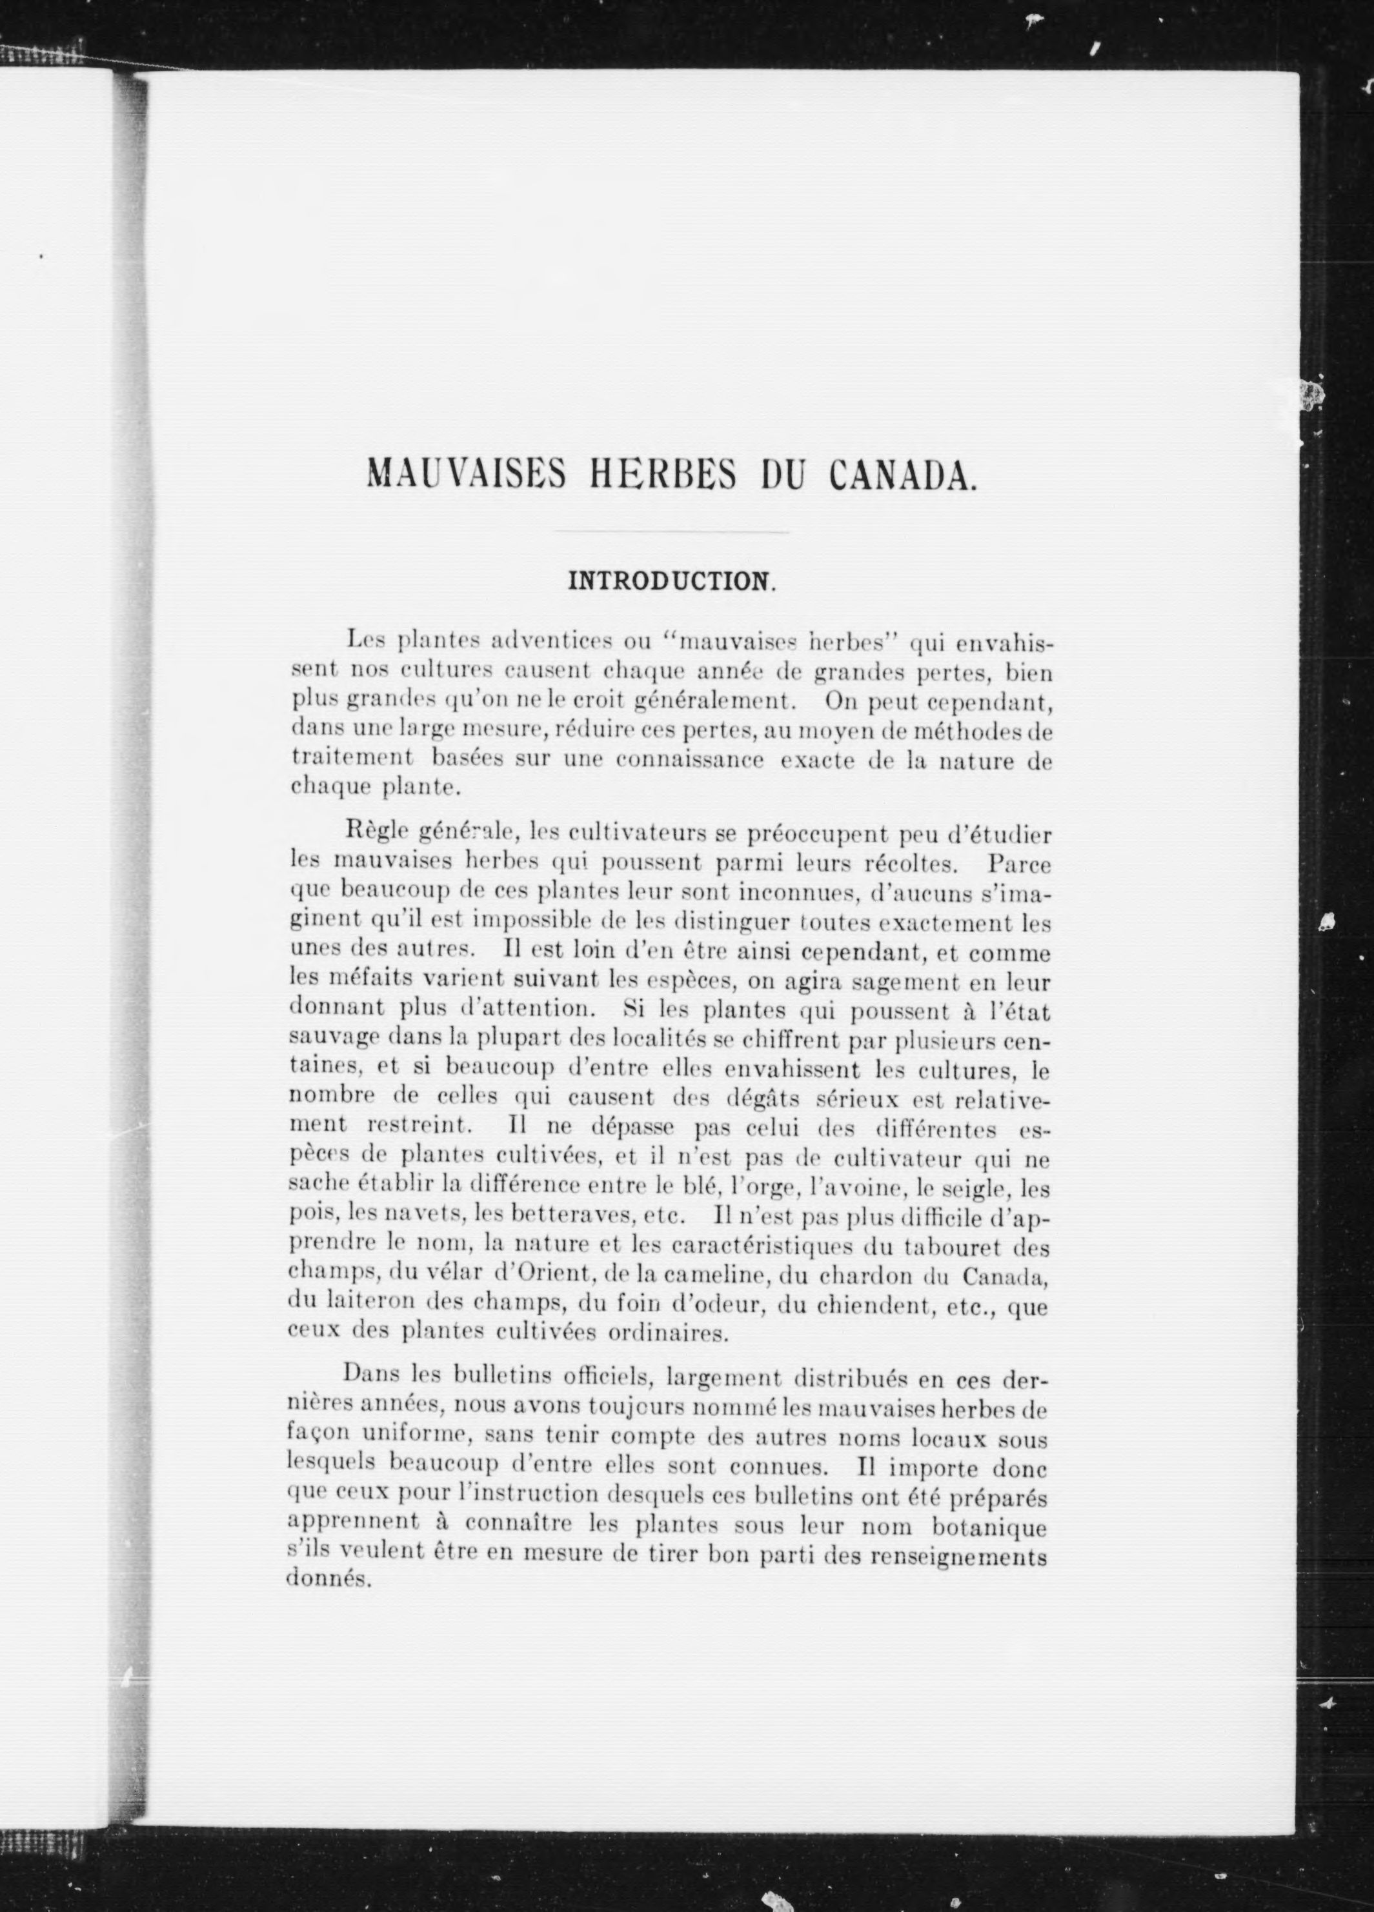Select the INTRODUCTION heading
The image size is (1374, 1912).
(671, 582)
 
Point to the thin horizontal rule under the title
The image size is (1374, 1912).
(671, 533)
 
